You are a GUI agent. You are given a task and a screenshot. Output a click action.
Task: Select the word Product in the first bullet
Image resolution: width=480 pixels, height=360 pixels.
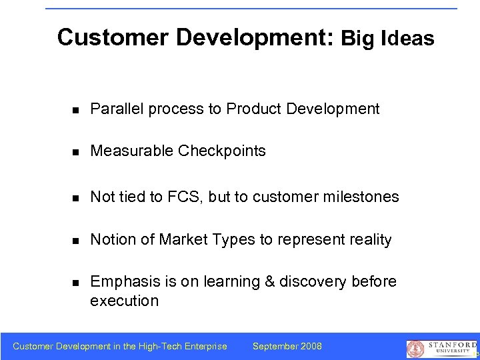tap(255, 109)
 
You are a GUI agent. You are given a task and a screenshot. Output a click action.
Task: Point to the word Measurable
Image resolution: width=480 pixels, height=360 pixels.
tap(132, 151)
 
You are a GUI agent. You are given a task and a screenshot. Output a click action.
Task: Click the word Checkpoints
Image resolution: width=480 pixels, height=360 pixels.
tap(222, 151)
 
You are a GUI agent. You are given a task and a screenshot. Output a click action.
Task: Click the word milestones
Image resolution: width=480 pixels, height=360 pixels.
tap(361, 197)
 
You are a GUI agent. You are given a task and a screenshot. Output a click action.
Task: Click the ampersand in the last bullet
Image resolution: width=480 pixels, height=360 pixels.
tap(270, 282)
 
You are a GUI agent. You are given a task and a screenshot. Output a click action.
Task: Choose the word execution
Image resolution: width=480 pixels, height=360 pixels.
tap(124, 301)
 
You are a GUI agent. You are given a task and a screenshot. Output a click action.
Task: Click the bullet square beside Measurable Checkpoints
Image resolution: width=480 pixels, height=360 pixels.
tap(77, 152)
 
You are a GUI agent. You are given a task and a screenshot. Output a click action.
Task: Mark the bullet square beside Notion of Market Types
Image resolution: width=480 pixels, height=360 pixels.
tap(77, 240)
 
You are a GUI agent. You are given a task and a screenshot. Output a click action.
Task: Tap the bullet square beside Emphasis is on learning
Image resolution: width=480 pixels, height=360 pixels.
tap(77, 283)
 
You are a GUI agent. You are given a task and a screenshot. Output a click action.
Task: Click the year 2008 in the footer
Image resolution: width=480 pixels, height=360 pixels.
tap(311, 346)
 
